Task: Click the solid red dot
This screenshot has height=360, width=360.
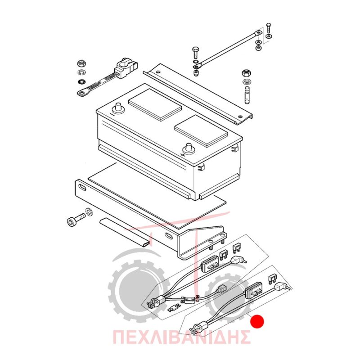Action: (257, 321)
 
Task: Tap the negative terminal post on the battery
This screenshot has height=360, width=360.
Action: (118, 108)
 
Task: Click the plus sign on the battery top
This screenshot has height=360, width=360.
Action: (183, 155)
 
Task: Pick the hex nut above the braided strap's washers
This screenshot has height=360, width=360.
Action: (81, 63)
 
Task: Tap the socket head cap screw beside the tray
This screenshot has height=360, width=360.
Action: (76, 219)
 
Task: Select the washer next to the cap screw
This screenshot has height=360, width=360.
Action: (89, 211)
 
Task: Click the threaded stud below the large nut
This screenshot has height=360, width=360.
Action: (247, 95)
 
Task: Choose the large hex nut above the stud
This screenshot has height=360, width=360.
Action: (246, 73)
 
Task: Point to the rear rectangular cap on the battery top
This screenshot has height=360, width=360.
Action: (155, 105)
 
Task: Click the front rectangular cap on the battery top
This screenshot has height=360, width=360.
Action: (201, 131)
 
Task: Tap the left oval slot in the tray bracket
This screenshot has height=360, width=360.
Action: (82, 188)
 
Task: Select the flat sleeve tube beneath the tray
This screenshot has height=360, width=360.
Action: (125, 232)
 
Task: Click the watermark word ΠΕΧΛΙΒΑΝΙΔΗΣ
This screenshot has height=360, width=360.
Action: (181, 337)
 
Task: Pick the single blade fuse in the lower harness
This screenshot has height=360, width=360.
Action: (272, 278)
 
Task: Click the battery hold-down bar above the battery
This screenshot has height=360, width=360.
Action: (198, 94)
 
